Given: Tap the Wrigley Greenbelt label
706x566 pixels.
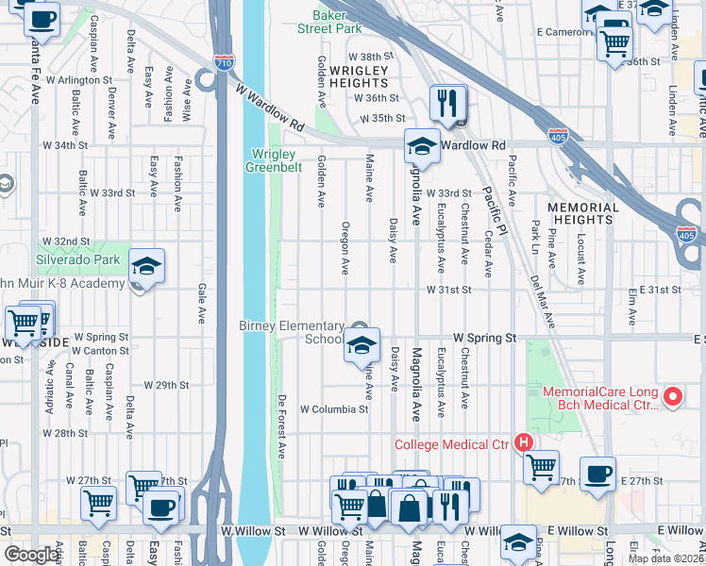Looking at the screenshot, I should click(274, 161).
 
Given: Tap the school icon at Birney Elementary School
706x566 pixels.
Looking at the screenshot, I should click(361, 345).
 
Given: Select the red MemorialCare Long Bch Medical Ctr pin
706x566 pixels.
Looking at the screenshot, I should click(673, 398).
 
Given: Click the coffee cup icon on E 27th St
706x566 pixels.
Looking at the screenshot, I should click(597, 474).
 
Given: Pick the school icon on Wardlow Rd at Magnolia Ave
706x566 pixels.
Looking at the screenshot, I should click(421, 146).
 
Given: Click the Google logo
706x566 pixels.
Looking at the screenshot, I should click(32, 555).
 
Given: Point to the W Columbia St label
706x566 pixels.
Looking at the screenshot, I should click(333, 409).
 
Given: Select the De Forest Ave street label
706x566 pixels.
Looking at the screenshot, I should click(281, 426).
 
